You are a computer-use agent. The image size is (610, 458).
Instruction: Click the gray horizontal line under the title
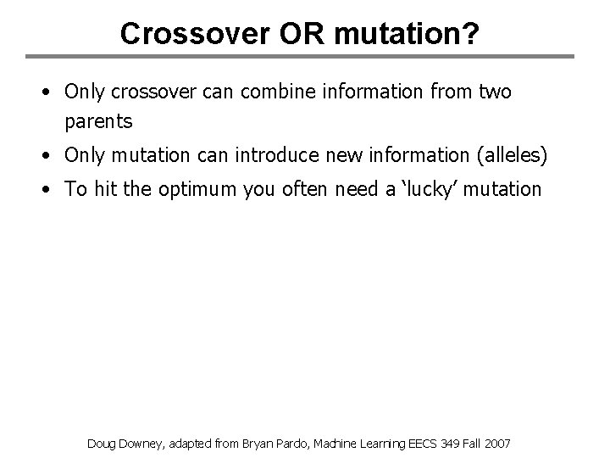pos(305,58)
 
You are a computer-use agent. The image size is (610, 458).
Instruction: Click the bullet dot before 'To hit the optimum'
pos(52,189)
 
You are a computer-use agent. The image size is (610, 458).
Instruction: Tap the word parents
pos(98,121)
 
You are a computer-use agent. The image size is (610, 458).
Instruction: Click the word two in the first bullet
pos(495,92)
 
